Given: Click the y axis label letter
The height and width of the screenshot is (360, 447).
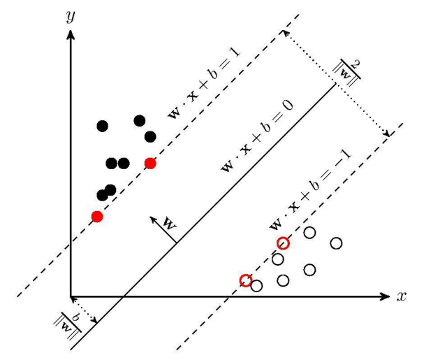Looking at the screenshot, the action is point(71,16).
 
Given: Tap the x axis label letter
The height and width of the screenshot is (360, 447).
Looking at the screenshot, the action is point(402,296).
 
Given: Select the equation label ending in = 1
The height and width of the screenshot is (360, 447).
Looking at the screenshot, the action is point(204,84).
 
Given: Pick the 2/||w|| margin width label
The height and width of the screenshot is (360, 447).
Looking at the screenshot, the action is point(347,71).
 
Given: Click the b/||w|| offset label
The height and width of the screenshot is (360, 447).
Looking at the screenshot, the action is point(67,325).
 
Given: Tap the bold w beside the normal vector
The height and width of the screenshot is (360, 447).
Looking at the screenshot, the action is point(169,224).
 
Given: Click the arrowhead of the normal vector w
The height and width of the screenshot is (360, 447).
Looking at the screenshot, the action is point(153,219).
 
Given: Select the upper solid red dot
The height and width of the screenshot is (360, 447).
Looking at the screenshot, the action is point(150,164).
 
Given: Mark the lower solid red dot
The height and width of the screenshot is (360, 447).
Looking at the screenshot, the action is point(97,217).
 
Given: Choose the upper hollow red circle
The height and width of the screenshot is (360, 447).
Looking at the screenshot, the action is point(283,243).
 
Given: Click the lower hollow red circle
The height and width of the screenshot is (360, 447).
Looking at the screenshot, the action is point(245,281).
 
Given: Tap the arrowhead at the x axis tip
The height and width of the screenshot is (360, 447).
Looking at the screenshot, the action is point(386,296).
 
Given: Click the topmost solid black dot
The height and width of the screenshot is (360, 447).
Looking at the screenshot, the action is point(140,121).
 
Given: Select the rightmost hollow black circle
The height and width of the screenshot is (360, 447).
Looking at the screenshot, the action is point(337,243).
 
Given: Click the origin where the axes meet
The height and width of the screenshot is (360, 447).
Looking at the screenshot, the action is point(71,296).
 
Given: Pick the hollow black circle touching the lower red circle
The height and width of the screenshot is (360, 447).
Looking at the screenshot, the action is point(256,285).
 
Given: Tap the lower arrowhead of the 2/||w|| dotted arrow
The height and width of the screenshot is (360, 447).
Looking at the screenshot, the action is point(387,134).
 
